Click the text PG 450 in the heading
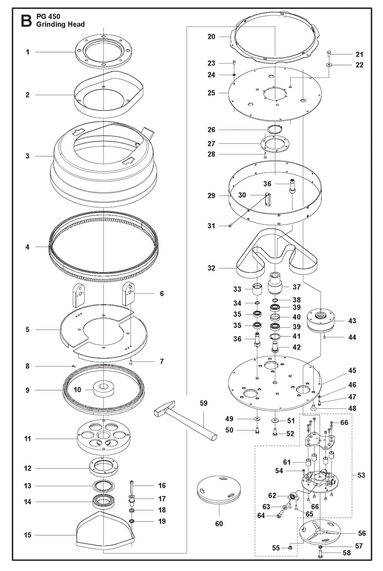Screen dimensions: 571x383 pos(48,16)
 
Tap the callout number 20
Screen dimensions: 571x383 pos(211,37)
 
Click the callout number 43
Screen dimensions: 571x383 pos(352,321)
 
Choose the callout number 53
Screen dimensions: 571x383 pos(361,475)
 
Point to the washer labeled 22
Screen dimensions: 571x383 pos(329,65)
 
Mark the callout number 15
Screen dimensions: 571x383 pos(27,535)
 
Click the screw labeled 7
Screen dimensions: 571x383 pos(131,362)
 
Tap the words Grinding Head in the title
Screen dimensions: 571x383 pos(60,24)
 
